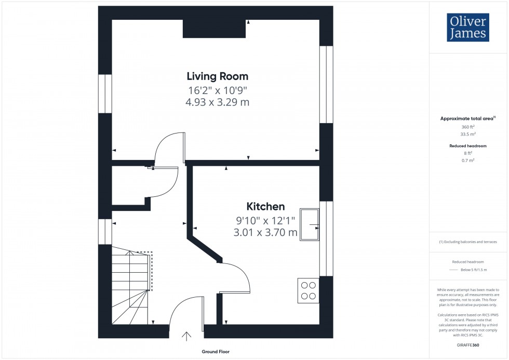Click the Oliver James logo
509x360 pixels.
coord(467,28)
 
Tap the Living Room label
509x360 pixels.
coord(217,76)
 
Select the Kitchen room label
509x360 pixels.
coord(265,206)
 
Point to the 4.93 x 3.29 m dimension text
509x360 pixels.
coord(217,102)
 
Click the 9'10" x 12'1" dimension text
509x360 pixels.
coord(265,220)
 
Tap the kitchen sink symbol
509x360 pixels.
coord(310,225)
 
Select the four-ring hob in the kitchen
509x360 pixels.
coord(308,291)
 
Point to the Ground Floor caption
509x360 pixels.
coord(216,352)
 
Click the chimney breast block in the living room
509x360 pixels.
coord(214,29)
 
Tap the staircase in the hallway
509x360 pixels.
coord(131,286)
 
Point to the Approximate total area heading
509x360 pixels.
coord(467,118)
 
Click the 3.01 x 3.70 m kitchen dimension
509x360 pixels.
coord(265,233)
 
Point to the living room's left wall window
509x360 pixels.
coord(105,94)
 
